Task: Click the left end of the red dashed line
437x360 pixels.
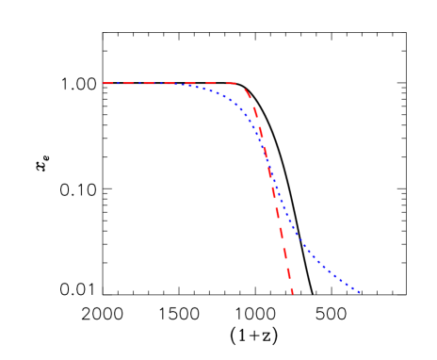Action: [x=103, y=83]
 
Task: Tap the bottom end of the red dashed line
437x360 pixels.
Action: [x=293, y=294]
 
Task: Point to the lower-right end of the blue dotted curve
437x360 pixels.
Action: [x=361, y=292]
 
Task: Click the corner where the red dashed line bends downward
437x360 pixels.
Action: [x=244, y=85]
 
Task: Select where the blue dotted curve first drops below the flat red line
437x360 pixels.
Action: [x=181, y=85]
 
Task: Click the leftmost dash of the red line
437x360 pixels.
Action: [x=106, y=83]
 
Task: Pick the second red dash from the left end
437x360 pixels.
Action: [x=121, y=83]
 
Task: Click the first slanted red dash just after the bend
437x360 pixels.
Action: [x=250, y=94]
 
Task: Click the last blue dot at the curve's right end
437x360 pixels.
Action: [x=360, y=291]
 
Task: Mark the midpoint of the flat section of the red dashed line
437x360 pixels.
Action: [x=173, y=83]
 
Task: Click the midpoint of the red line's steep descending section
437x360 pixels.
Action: [x=269, y=188]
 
